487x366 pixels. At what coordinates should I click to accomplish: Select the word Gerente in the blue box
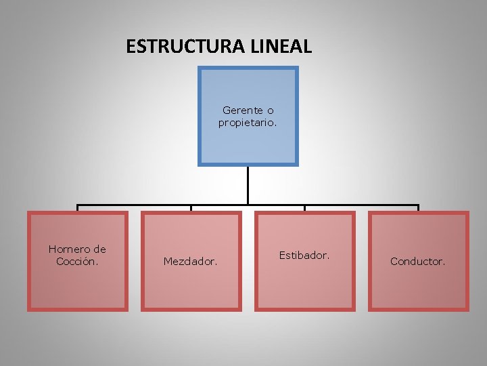[x=242, y=110]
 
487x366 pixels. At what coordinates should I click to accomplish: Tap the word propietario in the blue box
[x=247, y=123]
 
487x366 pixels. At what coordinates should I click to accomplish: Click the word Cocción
[x=77, y=261]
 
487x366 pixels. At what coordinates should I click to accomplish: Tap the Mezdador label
[x=191, y=261]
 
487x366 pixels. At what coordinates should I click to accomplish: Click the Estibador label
[x=304, y=256]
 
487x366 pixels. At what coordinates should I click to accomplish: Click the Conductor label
[x=418, y=261]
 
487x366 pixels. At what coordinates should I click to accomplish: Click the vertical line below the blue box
[x=248, y=184]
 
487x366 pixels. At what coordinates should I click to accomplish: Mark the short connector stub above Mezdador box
[x=191, y=208]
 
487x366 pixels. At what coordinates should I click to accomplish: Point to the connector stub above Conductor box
[x=418, y=208]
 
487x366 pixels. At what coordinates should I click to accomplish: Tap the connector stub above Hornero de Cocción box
[x=77, y=208]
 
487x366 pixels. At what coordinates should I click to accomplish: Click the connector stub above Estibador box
[x=304, y=208]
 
